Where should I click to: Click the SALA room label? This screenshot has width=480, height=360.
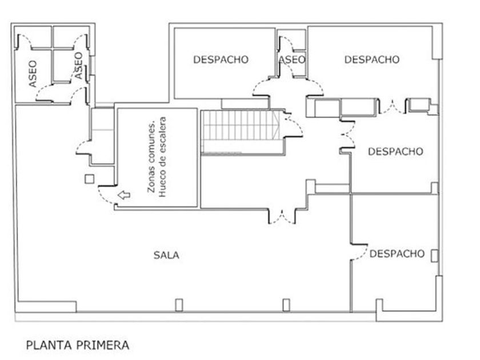(166, 255)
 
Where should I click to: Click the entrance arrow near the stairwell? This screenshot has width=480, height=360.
(123, 195)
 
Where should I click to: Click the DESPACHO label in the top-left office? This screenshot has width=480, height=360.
(221, 59)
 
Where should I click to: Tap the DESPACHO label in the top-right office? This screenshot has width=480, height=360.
(371, 59)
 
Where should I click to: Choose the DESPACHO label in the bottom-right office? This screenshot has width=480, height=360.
(397, 254)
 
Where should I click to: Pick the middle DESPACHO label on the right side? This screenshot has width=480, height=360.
(395, 151)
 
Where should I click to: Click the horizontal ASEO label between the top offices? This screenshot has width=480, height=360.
(292, 59)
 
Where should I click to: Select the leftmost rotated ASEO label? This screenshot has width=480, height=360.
(33, 73)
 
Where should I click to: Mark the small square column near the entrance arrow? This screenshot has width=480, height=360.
(89, 179)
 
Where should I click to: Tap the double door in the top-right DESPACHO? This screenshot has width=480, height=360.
(392, 107)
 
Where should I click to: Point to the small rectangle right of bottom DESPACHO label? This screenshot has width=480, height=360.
(435, 255)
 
